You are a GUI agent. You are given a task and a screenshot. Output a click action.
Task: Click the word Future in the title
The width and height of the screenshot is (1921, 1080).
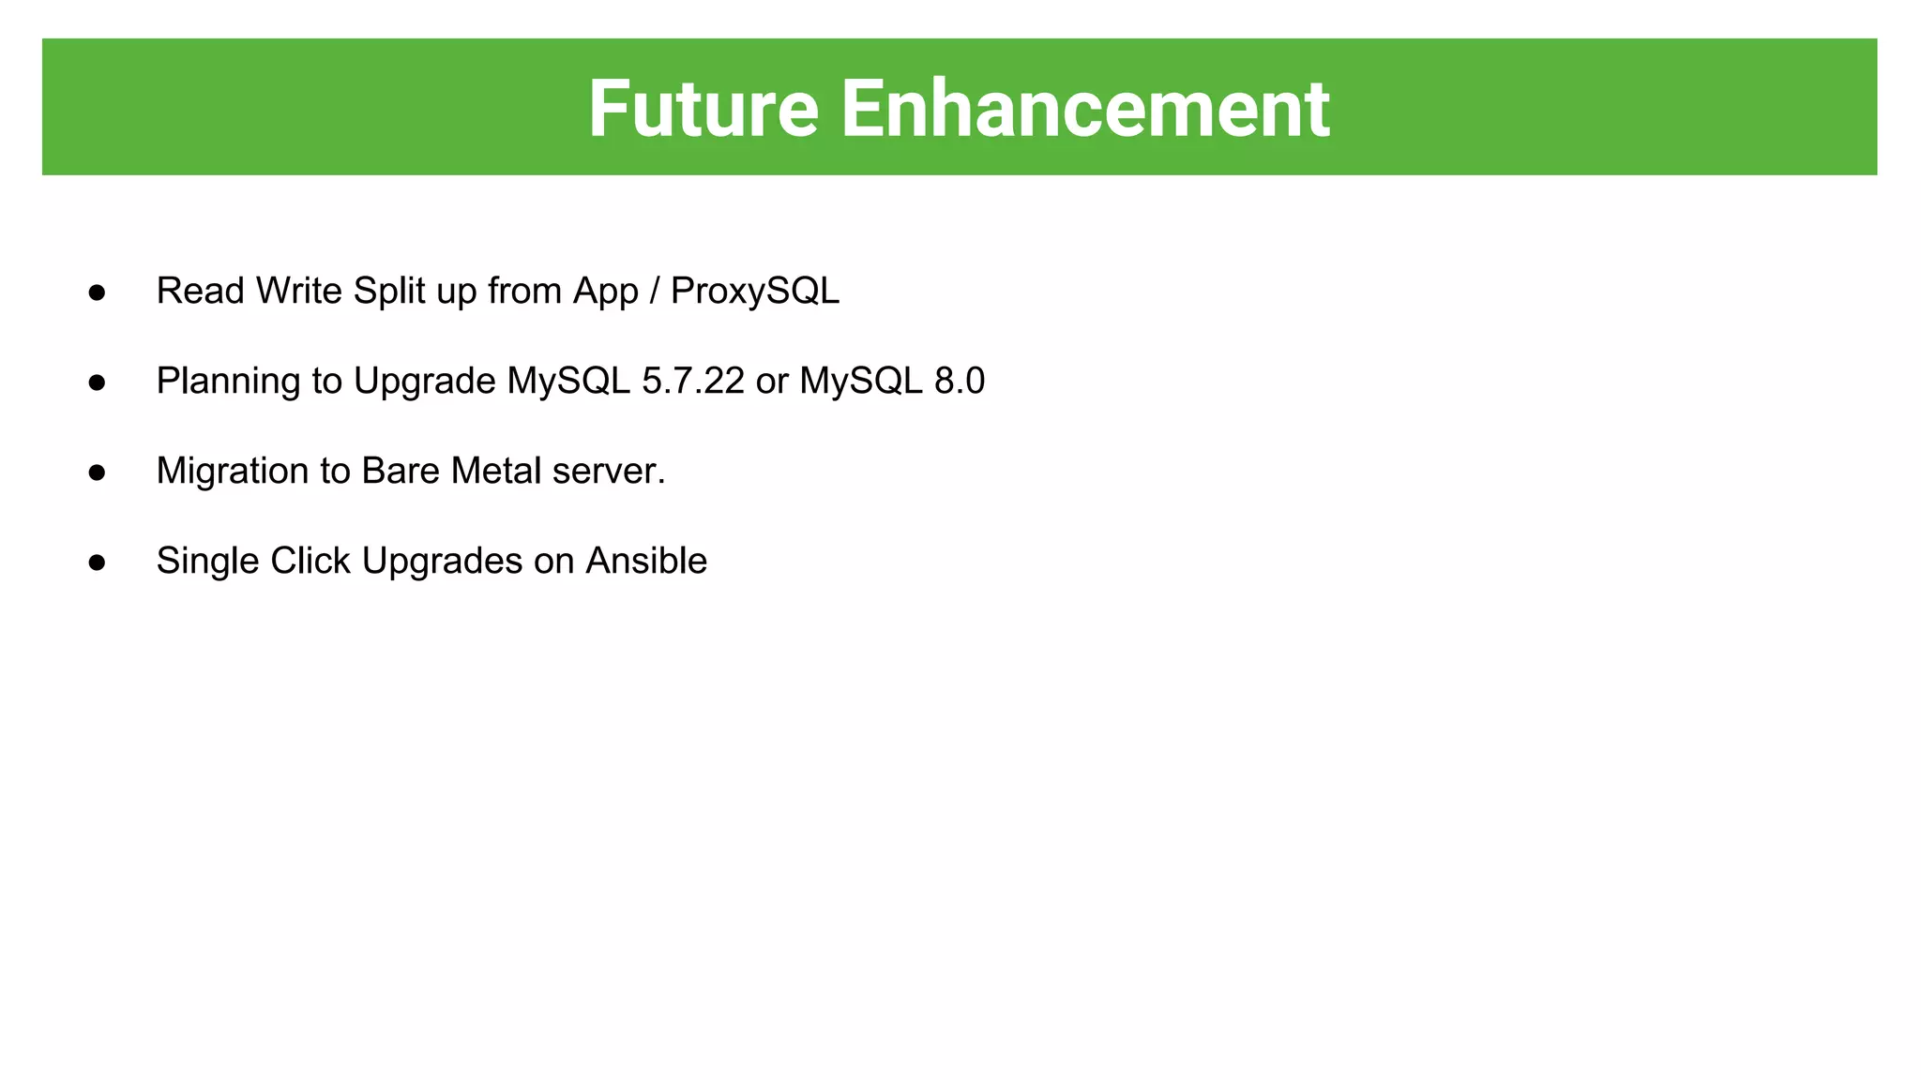pyautogui.click(x=703, y=109)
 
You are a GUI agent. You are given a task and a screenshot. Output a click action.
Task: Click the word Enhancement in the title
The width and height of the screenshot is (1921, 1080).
pyautogui.click(x=1084, y=109)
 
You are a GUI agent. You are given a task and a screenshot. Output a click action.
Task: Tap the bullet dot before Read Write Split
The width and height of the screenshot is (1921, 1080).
pyautogui.click(x=97, y=292)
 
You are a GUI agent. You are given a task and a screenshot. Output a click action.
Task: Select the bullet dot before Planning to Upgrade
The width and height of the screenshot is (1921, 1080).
pyautogui.click(x=97, y=382)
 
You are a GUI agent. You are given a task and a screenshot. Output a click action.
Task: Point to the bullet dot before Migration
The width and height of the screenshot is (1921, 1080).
pyautogui.click(x=97, y=472)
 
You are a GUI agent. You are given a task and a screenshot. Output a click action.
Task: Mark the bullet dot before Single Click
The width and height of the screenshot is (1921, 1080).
pyautogui.click(x=97, y=562)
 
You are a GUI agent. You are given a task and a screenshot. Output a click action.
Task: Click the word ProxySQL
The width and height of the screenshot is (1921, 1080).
pyautogui.click(x=755, y=292)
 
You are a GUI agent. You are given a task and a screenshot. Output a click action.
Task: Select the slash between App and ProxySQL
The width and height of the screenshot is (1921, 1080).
pyautogui.click(x=655, y=292)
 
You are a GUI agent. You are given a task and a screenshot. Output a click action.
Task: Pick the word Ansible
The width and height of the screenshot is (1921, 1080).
pyautogui.click(x=646, y=561)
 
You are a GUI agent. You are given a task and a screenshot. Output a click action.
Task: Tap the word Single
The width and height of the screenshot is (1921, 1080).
pyautogui.click(x=207, y=562)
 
